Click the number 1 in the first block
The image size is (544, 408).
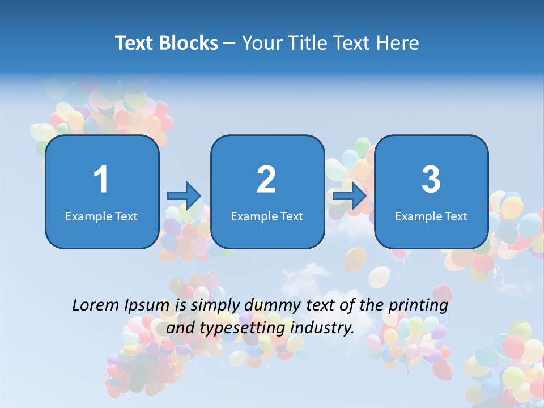tap(101, 180)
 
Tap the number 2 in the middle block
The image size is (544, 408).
tap(266, 180)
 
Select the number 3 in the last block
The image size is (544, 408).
tap(431, 180)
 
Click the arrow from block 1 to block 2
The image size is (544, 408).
tap(184, 196)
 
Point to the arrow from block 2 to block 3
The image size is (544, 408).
tap(350, 196)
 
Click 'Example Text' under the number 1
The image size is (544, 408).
tap(101, 216)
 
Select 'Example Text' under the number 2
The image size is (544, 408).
tap(267, 216)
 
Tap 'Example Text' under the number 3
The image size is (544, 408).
tap(431, 216)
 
